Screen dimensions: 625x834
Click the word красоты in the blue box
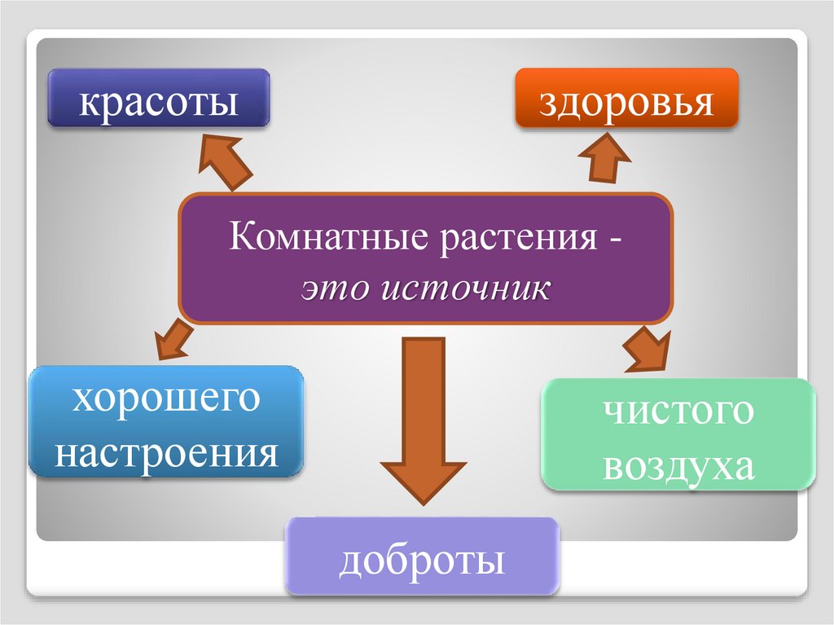click(159, 103)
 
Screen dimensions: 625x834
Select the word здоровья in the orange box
click(626, 103)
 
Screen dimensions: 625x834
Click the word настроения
click(166, 452)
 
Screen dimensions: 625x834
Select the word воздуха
click(678, 465)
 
